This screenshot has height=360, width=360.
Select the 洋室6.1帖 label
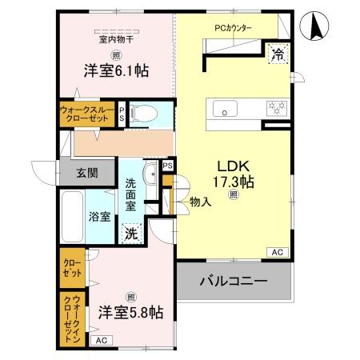pyautogui.click(x=117, y=70)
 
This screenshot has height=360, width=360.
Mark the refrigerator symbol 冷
pyautogui.click(x=277, y=54)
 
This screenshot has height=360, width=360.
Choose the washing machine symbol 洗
pyautogui.click(x=132, y=234)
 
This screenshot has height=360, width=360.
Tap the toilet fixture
pyautogui.click(x=142, y=111)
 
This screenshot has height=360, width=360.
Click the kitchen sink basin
pyautogui.click(x=222, y=106)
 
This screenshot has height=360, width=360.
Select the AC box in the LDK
pyautogui.click(x=277, y=253)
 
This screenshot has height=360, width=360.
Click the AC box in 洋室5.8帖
pyautogui.click(x=100, y=341)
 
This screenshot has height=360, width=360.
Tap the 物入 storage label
pyautogui.click(x=200, y=202)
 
